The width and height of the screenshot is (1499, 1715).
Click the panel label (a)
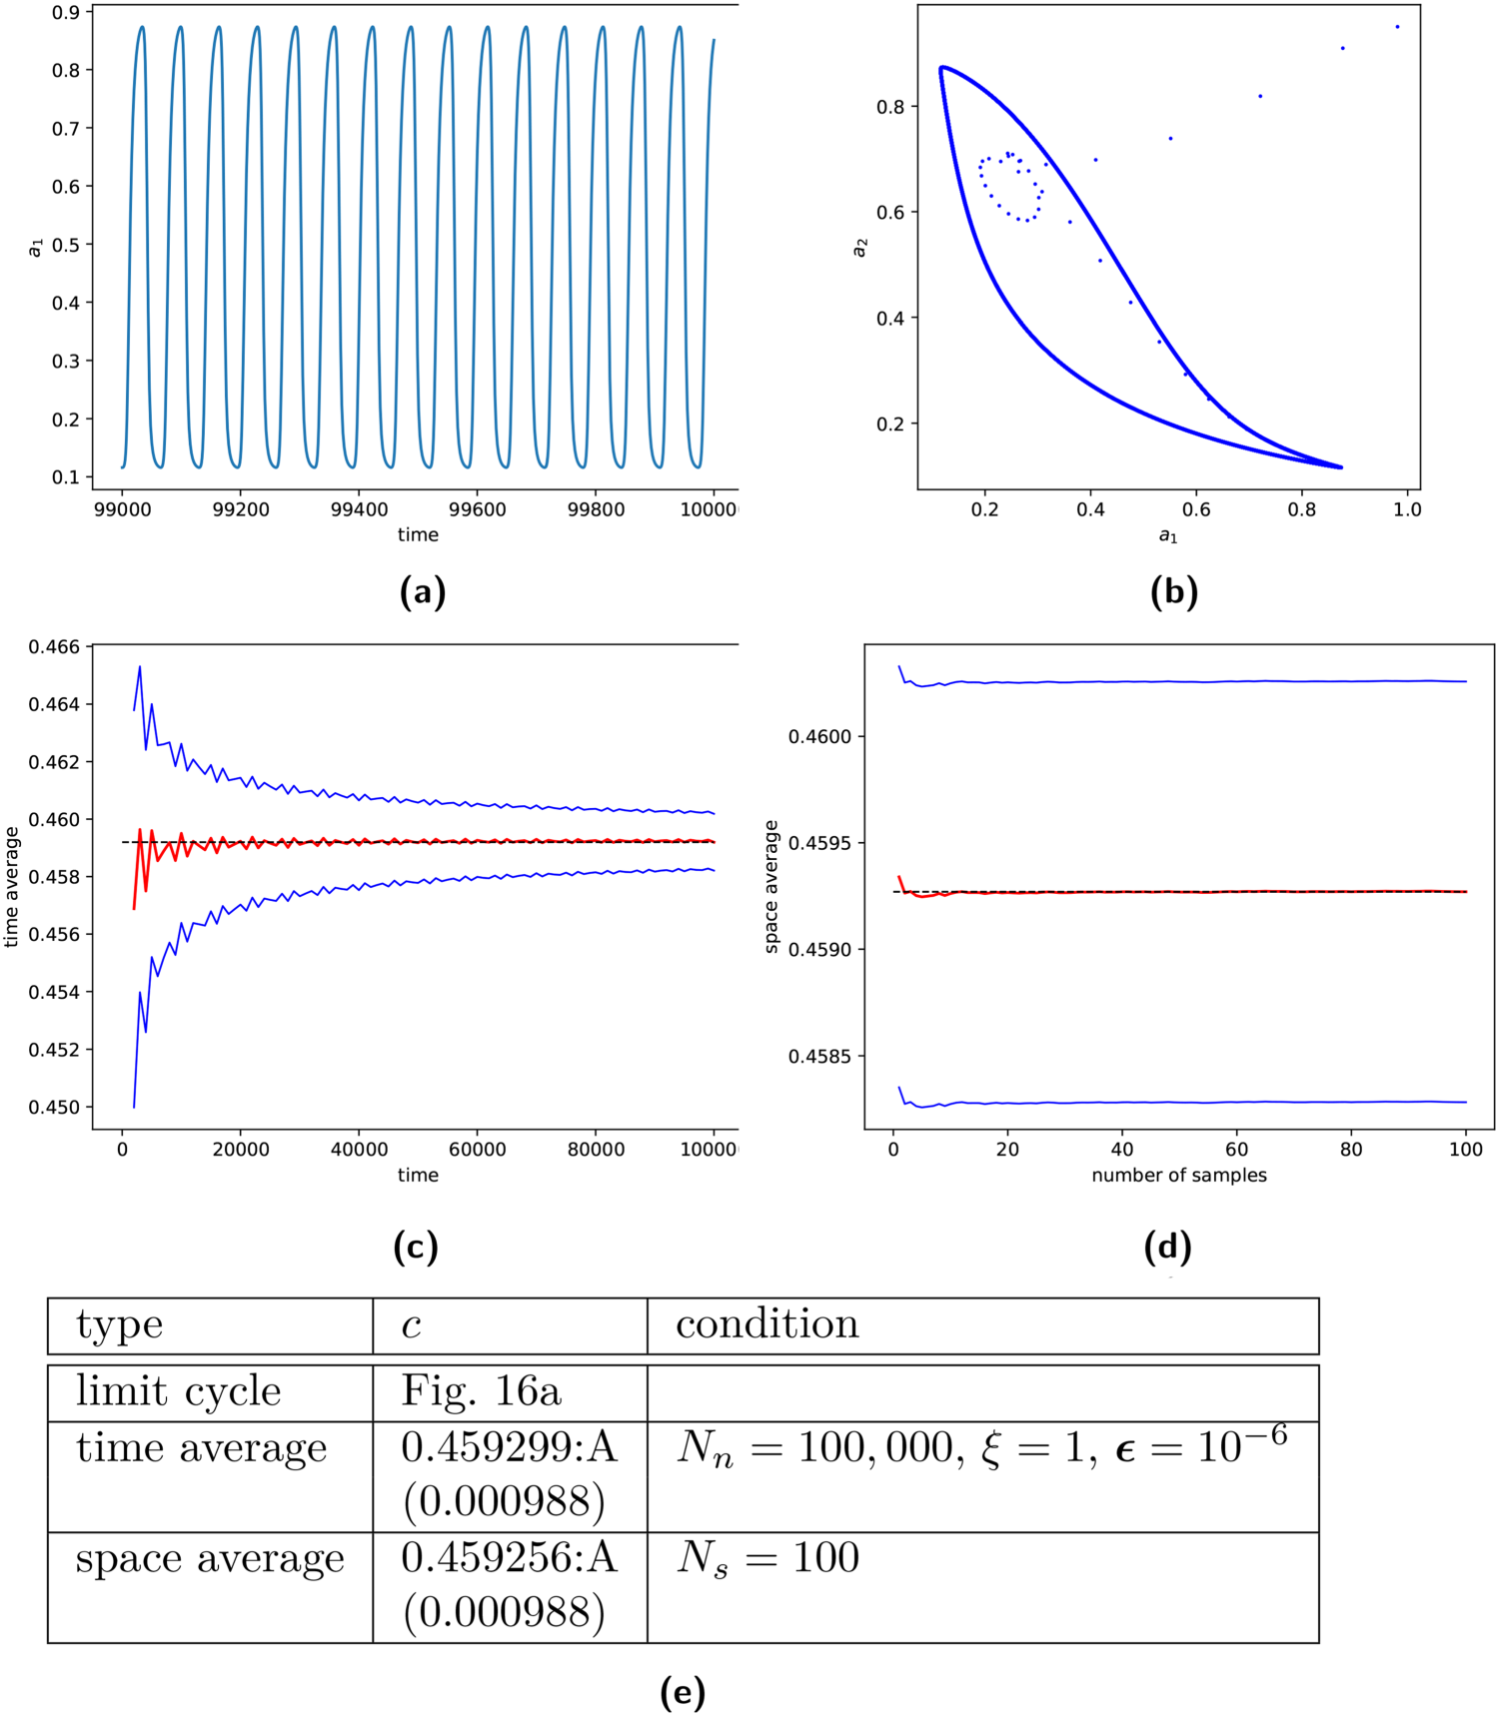[x=422, y=592]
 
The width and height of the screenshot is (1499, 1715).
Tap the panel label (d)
[x=1167, y=1247]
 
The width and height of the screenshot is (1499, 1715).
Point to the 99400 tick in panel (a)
[x=359, y=509]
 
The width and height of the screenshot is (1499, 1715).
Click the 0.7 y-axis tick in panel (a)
[x=66, y=129]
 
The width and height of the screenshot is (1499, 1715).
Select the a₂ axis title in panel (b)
[x=859, y=247]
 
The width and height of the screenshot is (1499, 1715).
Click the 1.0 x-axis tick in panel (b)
[x=1407, y=509]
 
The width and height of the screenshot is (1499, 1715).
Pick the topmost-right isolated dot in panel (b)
[x=1397, y=27]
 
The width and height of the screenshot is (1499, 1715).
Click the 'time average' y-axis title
[x=12, y=886]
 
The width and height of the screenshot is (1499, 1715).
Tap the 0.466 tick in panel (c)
[x=54, y=647]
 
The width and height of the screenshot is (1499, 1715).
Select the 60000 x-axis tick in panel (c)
[x=477, y=1150]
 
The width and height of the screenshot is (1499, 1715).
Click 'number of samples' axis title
[x=1179, y=1176]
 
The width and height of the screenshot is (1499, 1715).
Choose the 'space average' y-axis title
[x=771, y=886]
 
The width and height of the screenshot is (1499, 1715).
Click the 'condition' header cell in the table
[x=766, y=1324]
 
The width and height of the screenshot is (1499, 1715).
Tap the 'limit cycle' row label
[x=179, y=1391]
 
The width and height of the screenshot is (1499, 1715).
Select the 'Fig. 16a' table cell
[x=481, y=1391]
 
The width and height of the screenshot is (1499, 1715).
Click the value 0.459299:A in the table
[x=509, y=1448]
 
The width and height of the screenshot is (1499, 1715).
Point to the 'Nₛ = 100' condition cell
[x=767, y=1558]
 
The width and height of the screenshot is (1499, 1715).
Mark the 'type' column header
[x=119, y=1325]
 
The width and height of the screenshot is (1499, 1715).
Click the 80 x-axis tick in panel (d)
[x=1351, y=1150]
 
